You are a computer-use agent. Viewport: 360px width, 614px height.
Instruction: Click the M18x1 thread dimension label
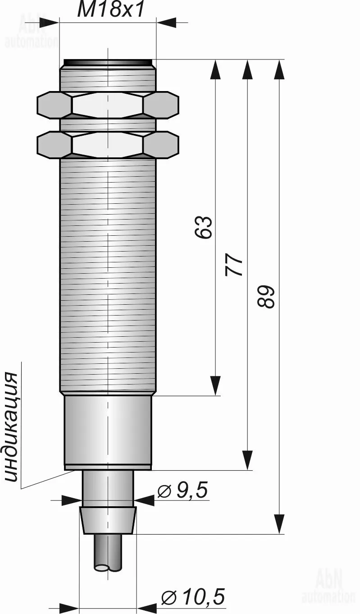110,10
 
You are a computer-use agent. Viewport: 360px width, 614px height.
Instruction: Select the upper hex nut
108,105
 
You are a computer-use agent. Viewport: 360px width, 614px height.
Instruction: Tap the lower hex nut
108,145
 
